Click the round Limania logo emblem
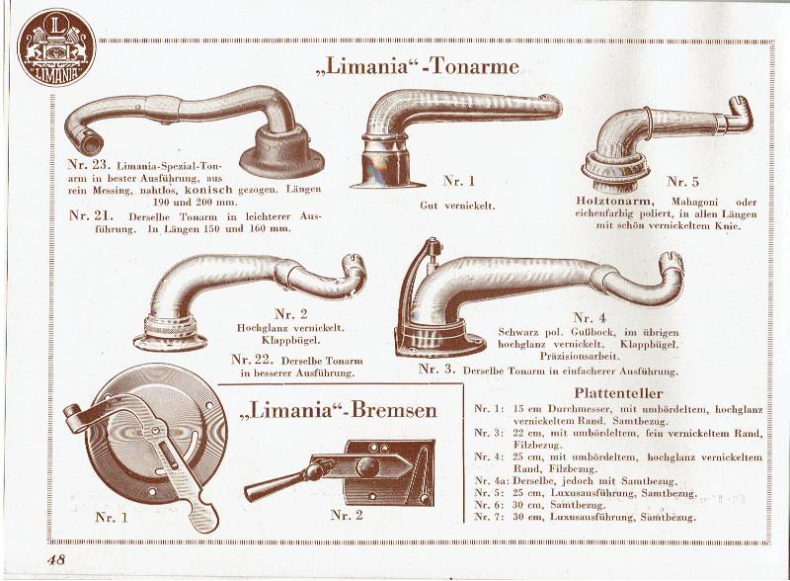coord(56,46)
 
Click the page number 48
coord(56,559)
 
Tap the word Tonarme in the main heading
coord(477,66)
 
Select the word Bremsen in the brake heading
coord(394,409)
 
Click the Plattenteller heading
coord(618,392)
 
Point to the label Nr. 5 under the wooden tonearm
coord(682,182)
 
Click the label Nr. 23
coord(89,164)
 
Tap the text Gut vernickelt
coord(457,206)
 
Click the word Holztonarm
coord(613,201)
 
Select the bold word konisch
coord(208,190)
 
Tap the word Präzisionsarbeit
coord(580,357)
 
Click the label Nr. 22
coord(252,360)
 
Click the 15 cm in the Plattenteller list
coord(527,409)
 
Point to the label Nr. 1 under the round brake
coord(112,518)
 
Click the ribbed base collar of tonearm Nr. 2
coord(169,328)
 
